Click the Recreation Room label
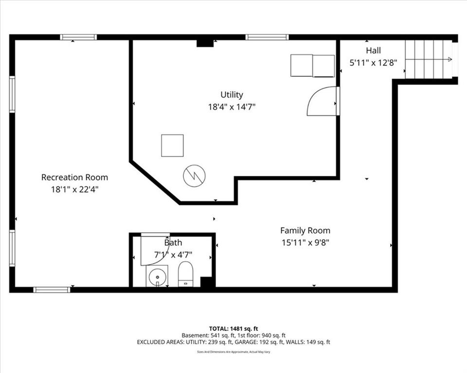(x=74, y=177)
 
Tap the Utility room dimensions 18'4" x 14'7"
(x=232, y=106)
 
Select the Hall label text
(x=373, y=51)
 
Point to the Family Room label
(x=305, y=231)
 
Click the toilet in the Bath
(x=185, y=274)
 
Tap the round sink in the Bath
(x=157, y=277)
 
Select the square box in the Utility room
(x=172, y=145)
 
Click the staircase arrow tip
(x=452, y=59)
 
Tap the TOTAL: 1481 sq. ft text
(x=233, y=329)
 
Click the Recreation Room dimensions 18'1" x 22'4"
(x=74, y=189)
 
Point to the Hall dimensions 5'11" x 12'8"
(x=373, y=63)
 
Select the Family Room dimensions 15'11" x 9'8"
(x=305, y=243)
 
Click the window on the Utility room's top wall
(x=267, y=37)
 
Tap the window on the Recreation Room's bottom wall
(x=52, y=290)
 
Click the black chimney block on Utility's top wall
(x=205, y=43)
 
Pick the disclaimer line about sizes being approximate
(x=233, y=352)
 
